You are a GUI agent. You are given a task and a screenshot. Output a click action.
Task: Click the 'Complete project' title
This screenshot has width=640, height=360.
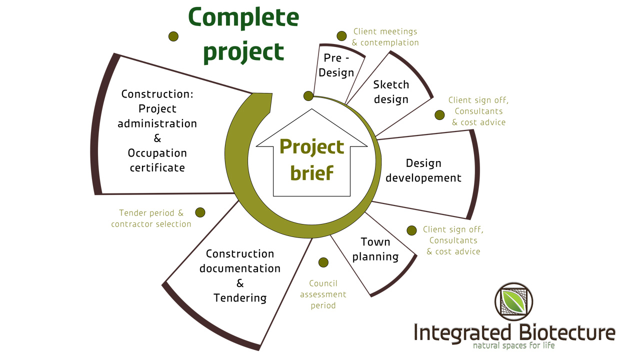pyautogui.click(x=243, y=35)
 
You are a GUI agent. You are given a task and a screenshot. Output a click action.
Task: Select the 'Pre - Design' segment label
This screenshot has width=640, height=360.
pyautogui.click(x=336, y=65)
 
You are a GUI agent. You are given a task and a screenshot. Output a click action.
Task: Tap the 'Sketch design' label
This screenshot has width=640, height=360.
pyautogui.click(x=391, y=92)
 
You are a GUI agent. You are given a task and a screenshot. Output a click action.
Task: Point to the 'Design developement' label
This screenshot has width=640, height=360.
pyautogui.click(x=423, y=170)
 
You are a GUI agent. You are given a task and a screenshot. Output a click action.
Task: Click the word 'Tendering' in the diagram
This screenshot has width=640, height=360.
pyautogui.click(x=240, y=298)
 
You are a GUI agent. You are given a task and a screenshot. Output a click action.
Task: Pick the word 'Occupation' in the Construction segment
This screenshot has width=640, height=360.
pyautogui.click(x=157, y=153)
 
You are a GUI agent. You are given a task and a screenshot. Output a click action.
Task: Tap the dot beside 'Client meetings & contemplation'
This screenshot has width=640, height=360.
pyautogui.click(x=341, y=36)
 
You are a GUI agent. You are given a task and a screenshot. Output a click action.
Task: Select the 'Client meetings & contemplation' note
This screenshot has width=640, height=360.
pyautogui.click(x=385, y=37)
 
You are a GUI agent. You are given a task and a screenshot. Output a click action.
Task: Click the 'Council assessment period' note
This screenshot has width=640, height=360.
pyautogui.click(x=323, y=294)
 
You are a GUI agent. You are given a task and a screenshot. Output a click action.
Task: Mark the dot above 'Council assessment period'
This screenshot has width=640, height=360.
pyautogui.click(x=323, y=262)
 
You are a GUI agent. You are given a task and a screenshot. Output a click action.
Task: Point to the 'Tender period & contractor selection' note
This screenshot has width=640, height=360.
pyautogui.click(x=151, y=218)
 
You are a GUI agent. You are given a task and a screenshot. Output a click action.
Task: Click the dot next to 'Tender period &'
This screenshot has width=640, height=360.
pyautogui.click(x=200, y=212)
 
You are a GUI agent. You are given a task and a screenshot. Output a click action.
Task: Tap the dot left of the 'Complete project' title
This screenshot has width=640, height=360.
pyautogui.click(x=173, y=36)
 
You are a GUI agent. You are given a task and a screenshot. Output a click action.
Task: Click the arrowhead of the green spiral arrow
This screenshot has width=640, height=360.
pyautogui.click(x=263, y=101)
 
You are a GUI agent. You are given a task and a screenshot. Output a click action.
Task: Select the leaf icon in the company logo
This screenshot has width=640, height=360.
pyautogui.click(x=514, y=301)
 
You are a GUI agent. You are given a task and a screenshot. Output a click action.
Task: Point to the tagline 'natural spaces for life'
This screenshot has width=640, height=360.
pyautogui.click(x=514, y=345)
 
